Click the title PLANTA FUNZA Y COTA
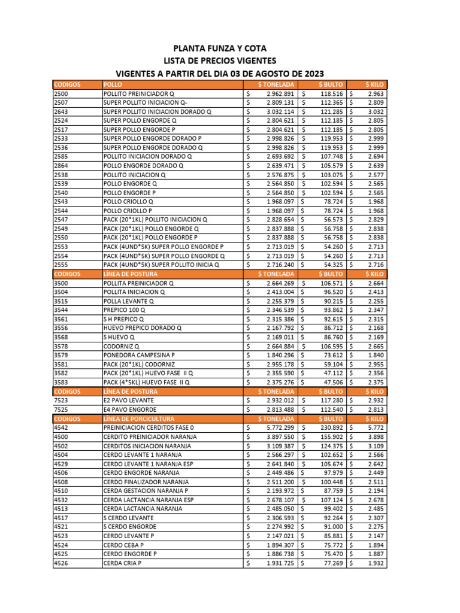[220, 48]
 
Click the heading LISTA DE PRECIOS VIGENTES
[220, 61]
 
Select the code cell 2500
[62, 94]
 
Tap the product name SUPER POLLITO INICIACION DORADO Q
[158, 112]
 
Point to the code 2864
[62, 166]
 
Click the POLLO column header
[113, 85]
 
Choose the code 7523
[62, 400]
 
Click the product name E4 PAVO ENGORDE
[129, 409]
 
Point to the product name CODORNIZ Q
[122, 347]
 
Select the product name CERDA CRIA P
[122, 563]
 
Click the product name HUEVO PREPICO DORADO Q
[142, 329]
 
